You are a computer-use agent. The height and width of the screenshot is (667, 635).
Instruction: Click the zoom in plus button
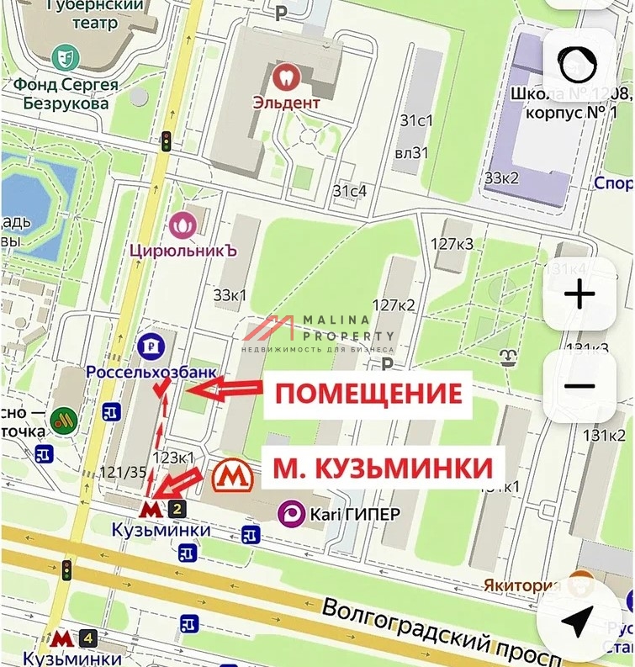[x=579, y=294]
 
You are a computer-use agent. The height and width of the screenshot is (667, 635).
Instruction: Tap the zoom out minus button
[x=579, y=386]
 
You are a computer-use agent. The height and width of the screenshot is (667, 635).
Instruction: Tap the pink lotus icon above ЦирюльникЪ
[x=183, y=225]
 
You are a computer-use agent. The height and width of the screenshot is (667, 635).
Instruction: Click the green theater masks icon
[x=61, y=58]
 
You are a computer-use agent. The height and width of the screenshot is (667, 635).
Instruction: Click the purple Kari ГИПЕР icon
[x=292, y=512]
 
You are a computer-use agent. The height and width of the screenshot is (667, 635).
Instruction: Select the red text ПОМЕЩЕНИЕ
[x=369, y=394]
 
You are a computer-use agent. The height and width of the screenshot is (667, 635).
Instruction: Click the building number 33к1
[x=230, y=295]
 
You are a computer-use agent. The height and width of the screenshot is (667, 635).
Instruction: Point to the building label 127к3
[x=452, y=244]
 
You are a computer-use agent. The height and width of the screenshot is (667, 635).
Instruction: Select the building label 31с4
[x=350, y=191]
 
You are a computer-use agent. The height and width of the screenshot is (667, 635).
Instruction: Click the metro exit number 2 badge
[x=177, y=508]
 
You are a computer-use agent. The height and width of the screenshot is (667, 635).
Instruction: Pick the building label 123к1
[x=173, y=458]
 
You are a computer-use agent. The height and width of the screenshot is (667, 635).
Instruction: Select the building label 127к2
[x=394, y=304]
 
